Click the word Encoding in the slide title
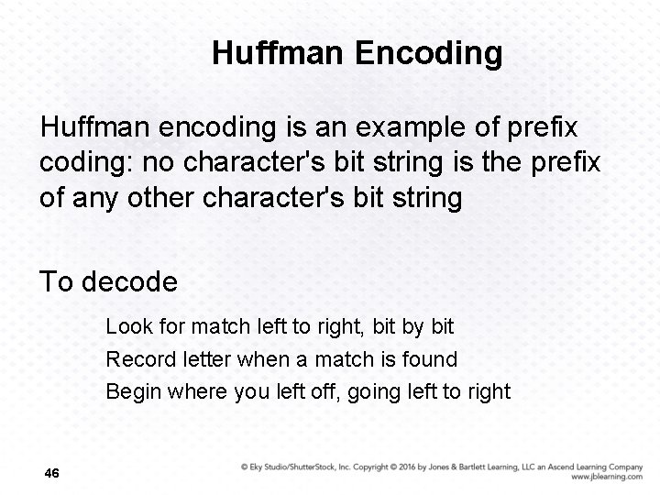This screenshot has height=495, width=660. click(x=429, y=53)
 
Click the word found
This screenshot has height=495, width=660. click(x=430, y=358)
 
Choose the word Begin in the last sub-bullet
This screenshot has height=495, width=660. click(x=132, y=391)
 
